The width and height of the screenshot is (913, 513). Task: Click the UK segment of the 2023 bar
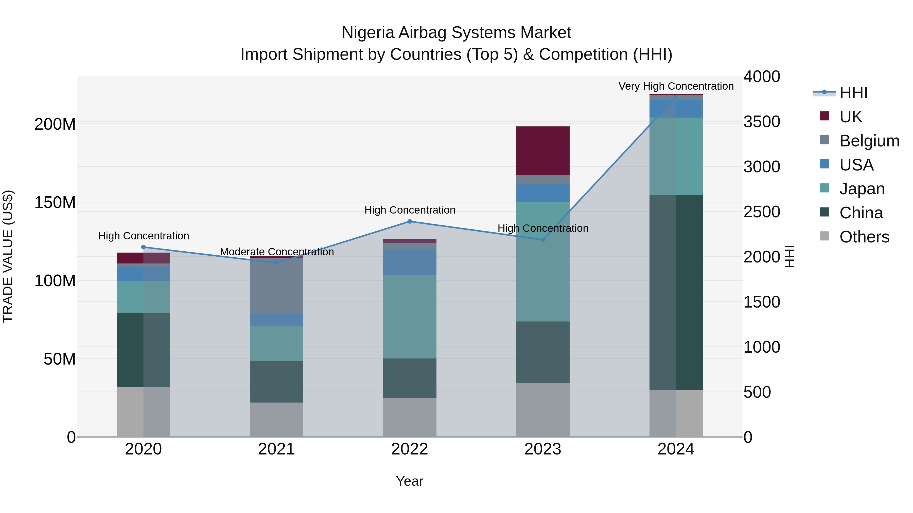coord(543,150)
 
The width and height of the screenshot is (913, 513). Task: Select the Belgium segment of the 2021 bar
coord(276,286)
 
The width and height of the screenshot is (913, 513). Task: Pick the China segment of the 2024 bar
coord(676,292)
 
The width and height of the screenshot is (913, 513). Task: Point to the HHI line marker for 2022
coord(410,222)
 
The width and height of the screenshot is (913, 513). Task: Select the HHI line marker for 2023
coord(543,240)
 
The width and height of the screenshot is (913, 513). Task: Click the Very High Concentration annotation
coord(676,86)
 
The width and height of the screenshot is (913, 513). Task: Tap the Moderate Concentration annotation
coord(277,252)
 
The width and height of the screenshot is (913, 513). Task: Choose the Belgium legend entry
coord(869,141)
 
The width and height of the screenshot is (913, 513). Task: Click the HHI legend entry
coord(853,93)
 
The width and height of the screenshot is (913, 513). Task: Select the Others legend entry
coord(864,237)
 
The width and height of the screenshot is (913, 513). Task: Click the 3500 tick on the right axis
coord(762,122)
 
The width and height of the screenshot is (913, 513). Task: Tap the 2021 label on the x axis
coord(276,449)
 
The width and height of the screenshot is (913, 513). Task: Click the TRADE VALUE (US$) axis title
coord(8,256)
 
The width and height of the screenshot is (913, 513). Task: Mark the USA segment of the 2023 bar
coord(543,193)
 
